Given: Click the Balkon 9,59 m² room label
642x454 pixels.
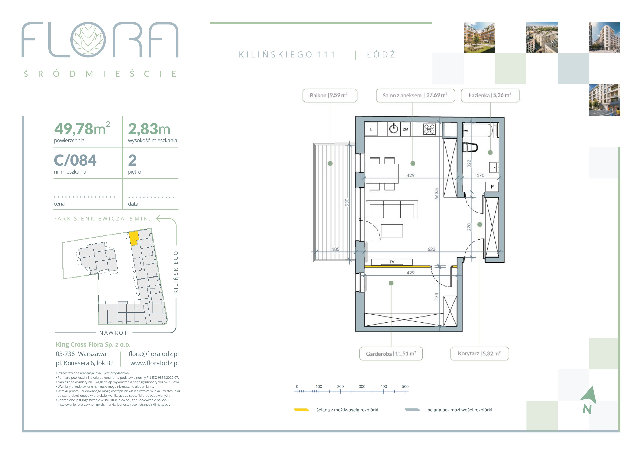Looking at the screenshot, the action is (330, 95).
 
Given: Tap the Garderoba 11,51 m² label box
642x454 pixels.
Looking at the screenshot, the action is (391, 354).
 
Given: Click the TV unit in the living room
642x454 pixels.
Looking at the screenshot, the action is (392, 262).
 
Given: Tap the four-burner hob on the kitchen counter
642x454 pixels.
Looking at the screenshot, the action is (429, 129).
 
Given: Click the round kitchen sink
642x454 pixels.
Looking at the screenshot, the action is (394, 129).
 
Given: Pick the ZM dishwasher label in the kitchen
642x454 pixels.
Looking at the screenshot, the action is (405, 129).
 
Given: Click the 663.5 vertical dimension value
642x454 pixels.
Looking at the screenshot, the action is (436, 194).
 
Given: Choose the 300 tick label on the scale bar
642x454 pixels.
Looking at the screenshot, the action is (362, 386).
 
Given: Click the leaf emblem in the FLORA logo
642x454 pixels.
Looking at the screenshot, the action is (88, 40).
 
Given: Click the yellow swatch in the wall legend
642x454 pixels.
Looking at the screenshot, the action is (301, 410).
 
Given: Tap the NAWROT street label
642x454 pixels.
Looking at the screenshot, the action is (113, 333).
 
